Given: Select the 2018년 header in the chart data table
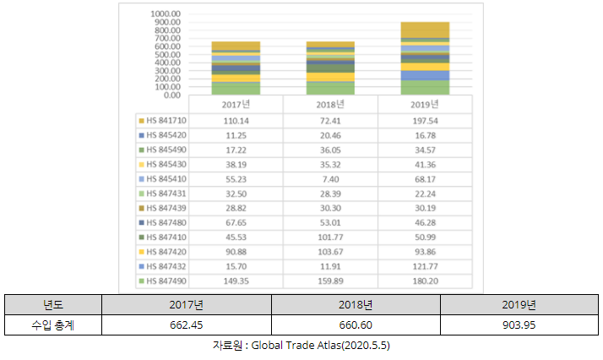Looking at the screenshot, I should pyautogui.click(x=330, y=105).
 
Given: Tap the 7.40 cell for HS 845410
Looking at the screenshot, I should pyautogui.click(x=330, y=179).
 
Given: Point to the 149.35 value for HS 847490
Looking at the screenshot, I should pyautogui.click(x=235, y=281).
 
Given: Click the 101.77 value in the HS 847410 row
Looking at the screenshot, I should pyautogui.click(x=330, y=237).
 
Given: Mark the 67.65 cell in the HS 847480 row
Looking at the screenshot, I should pyautogui.click(x=235, y=223).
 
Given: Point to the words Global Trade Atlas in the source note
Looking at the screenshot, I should pyautogui.click(x=295, y=346).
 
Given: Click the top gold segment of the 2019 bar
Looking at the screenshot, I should pyautogui.click(x=425, y=30).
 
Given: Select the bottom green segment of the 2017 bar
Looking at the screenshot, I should pyautogui.click(x=236, y=88).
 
